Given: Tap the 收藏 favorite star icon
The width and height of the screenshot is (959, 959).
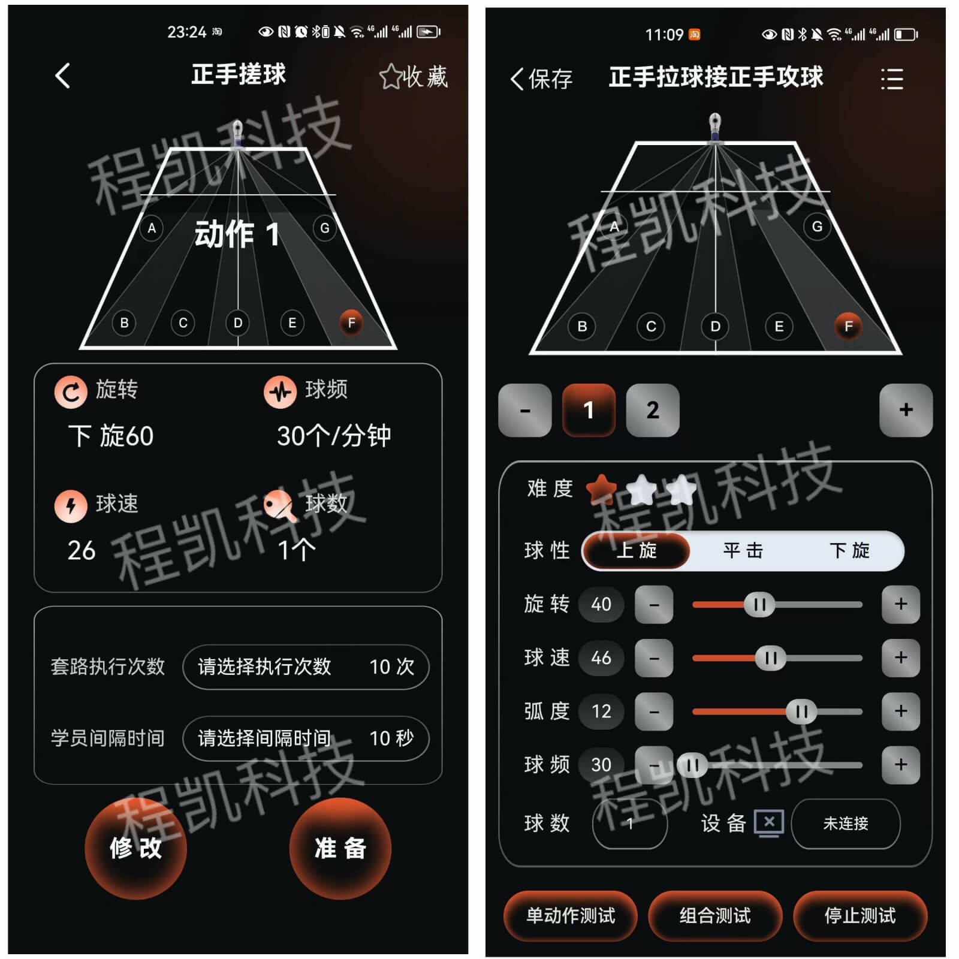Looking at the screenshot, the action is (391, 77).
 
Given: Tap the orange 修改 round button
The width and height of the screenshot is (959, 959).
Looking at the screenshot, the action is (135, 848).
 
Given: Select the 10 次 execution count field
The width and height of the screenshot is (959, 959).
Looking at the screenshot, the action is (306, 667).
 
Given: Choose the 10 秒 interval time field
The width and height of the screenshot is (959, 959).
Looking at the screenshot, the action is (306, 738).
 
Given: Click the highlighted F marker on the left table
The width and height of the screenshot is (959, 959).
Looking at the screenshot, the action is (351, 323).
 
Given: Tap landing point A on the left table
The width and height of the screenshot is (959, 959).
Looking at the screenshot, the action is (152, 228).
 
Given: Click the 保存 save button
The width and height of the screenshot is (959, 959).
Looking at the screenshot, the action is (541, 79).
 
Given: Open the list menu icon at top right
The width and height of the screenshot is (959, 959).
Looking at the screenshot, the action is (892, 79).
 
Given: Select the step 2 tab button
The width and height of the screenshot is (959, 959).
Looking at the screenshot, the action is (653, 410).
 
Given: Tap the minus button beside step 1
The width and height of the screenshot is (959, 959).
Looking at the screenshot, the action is (525, 410).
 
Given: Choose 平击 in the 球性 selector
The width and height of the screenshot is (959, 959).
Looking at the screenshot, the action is (743, 550).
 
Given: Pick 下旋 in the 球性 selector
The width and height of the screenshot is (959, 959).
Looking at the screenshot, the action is (849, 550).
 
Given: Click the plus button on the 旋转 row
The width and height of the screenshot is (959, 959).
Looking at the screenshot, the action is (901, 604).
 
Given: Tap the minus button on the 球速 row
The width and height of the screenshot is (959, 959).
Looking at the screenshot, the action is (654, 658).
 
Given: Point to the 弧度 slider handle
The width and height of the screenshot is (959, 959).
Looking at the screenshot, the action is (801, 711).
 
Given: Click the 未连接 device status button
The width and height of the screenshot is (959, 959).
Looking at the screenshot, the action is (846, 824).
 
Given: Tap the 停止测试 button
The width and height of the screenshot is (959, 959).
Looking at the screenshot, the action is (860, 915).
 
